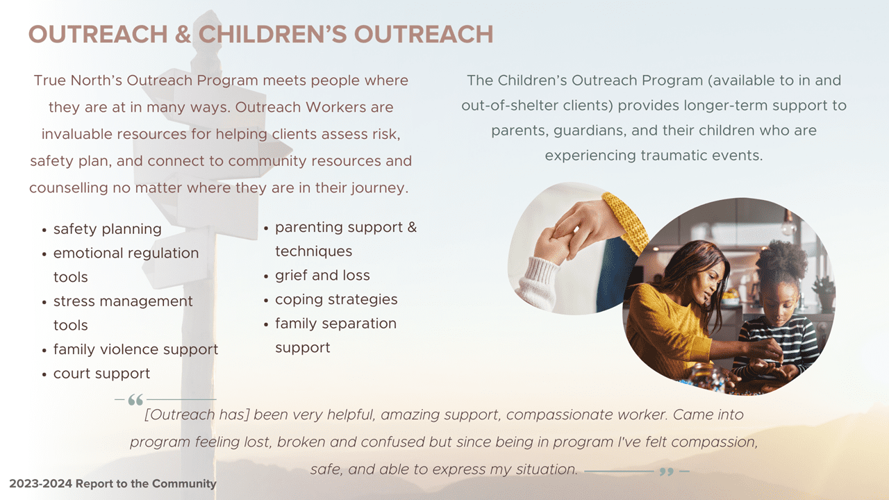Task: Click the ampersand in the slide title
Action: coord(183,34)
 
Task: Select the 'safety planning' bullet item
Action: coord(107,229)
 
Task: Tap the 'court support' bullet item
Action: coord(101,374)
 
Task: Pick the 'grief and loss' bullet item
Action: coord(322,276)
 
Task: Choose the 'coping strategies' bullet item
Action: coord(336,300)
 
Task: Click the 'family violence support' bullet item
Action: coord(135,349)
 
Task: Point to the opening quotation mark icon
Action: coord(135,400)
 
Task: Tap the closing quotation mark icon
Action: coord(666,472)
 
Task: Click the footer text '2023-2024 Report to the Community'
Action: coord(113,483)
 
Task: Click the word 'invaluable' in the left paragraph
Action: coord(74,134)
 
